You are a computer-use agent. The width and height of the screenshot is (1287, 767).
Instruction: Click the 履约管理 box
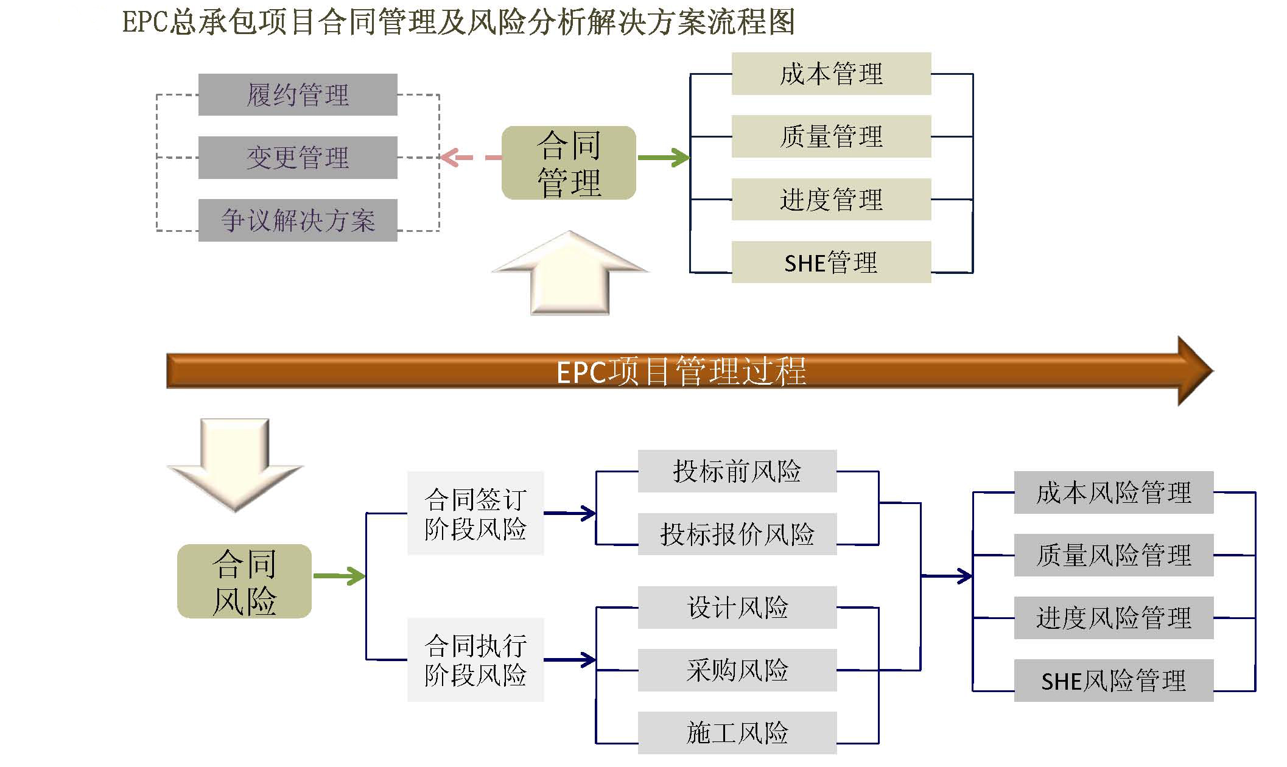298,95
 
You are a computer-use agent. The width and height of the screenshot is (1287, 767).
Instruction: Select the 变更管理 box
298,158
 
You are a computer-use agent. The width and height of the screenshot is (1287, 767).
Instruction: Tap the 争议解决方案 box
298,220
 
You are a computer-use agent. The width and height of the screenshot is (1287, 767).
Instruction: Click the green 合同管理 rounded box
569,163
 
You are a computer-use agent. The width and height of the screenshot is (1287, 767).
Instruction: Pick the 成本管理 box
831,74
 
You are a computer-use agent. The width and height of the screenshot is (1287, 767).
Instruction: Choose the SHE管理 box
831,262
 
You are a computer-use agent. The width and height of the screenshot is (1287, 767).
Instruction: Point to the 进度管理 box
831,200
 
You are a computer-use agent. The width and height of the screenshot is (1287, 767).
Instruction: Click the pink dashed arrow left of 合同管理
469,158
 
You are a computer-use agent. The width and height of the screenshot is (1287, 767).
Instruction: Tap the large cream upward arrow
570,277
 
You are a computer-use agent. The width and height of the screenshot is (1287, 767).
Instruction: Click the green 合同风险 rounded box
244,581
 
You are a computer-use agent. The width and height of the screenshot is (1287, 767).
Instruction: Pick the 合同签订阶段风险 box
475,513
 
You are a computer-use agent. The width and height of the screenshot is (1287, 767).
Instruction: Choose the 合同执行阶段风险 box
475,660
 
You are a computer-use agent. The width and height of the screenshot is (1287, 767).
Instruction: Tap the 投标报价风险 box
737,534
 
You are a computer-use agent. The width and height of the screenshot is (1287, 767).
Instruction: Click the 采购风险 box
737,670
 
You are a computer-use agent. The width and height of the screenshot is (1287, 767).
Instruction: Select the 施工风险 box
737,733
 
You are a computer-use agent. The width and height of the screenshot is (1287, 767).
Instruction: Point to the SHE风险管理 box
1113,681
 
